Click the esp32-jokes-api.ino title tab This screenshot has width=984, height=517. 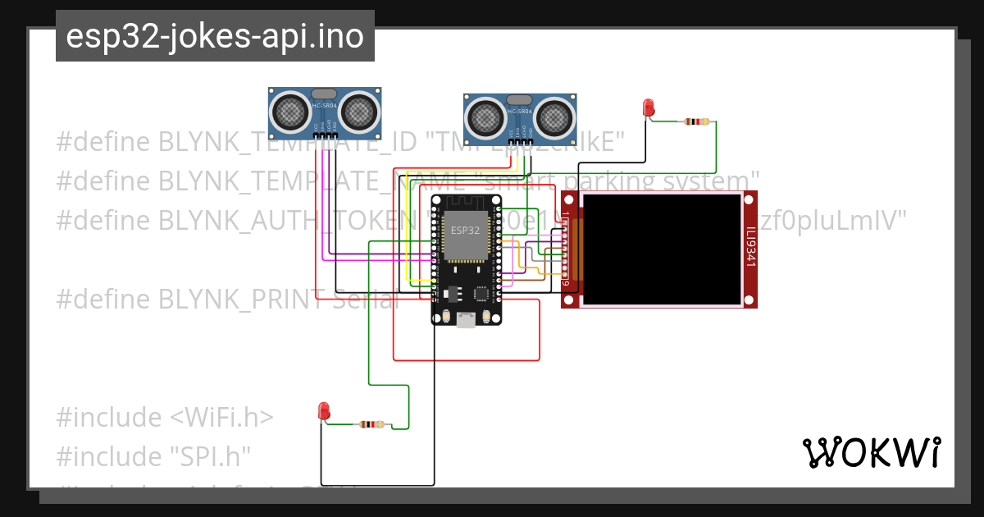click(215, 36)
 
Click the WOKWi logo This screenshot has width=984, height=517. click(871, 452)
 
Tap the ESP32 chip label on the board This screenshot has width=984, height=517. click(466, 231)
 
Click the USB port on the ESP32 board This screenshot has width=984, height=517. click(467, 321)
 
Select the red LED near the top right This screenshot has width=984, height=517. click(648, 107)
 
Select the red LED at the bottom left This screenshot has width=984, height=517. click(324, 410)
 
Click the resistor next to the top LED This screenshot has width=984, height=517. click(695, 121)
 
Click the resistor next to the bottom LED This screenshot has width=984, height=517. click(371, 424)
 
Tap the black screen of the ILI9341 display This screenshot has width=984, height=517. click(661, 248)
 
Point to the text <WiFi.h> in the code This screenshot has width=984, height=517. click(221, 418)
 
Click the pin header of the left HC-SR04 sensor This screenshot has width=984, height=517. click(326, 135)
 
